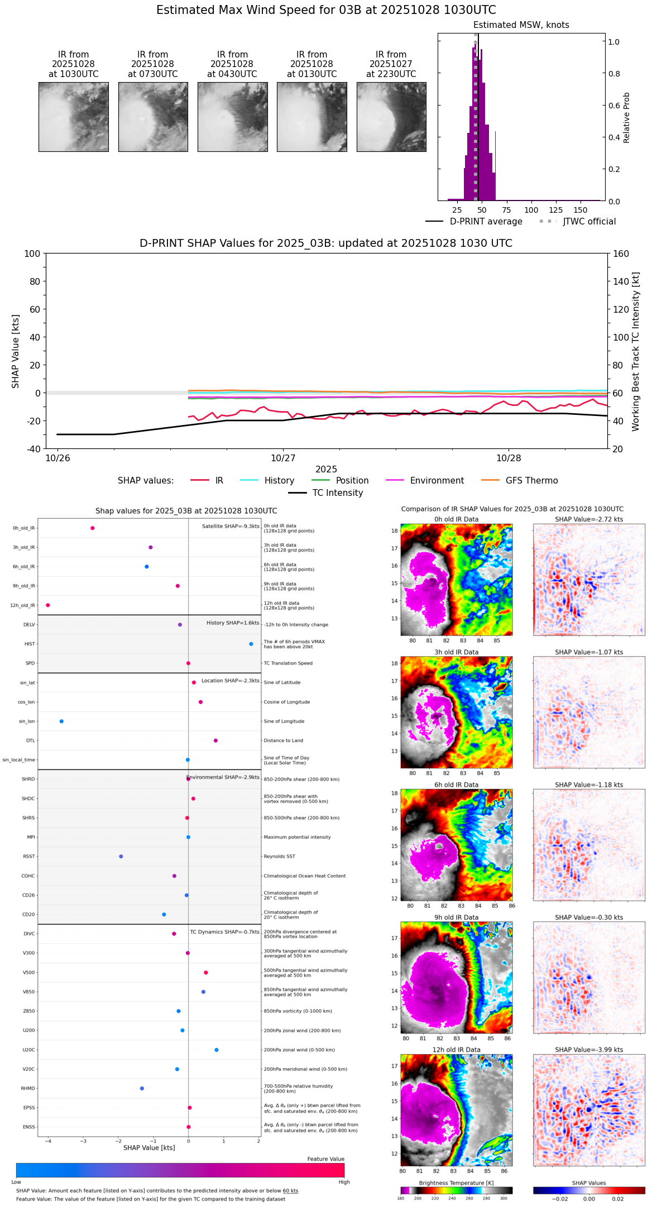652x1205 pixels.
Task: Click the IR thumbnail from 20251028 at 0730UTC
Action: tap(153, 117)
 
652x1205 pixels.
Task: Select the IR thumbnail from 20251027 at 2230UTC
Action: tap(391, 117)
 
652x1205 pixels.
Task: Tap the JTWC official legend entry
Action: tap(589, 222)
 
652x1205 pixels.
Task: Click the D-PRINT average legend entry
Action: tap(486, 222)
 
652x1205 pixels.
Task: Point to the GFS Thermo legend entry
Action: tap(531, 481)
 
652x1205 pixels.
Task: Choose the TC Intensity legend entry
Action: tap(337, 493)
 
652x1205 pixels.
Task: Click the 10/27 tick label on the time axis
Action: tap(283, 458)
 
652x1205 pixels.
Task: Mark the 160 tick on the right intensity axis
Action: tap(621, 254)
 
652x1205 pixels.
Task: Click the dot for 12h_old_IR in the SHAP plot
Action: tap(48, 605)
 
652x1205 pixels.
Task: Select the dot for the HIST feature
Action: tap(251, 644)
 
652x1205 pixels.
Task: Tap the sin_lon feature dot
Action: tap(61, 721)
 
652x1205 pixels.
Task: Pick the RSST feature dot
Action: tap(121, 857)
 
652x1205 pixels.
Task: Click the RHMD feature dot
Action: tap(142, 1088)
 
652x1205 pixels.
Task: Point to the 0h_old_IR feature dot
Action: tap(93, 528)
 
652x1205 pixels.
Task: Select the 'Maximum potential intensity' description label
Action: tap(297, 838)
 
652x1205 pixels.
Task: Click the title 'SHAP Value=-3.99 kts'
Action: tap(589, 1050)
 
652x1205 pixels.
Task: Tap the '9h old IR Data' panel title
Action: tap(456, 917)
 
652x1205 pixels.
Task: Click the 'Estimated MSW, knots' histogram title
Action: tap(521, 25)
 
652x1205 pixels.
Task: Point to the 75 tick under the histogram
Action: tap(506, 211)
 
